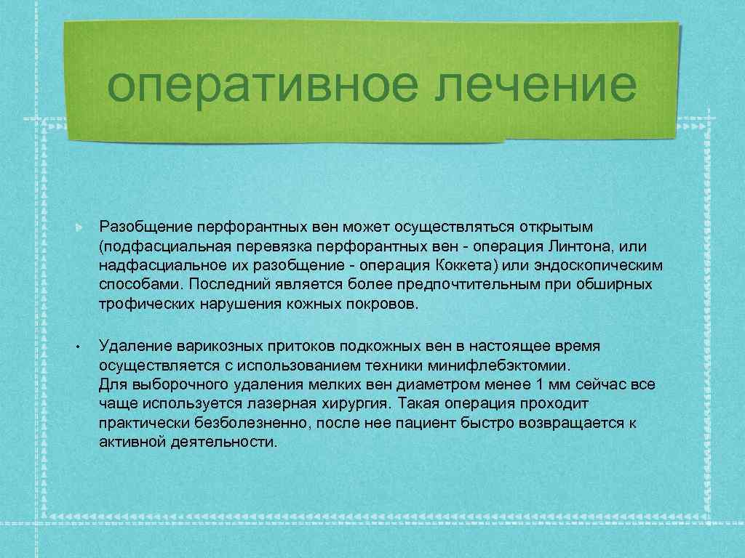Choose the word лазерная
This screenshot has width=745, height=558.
pyautogui.click(x=304, y=403)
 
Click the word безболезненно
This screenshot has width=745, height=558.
pyautogui.click(x=238, y=422)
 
